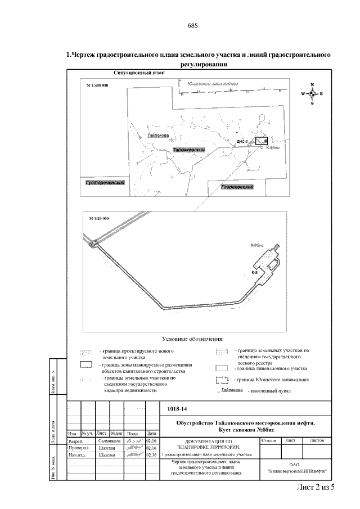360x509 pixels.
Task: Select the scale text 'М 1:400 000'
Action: pyautogui.click(x=97, y=84)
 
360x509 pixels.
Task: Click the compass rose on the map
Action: pyautogui.click(x=312, y=94)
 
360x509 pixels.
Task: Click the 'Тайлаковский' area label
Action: pyautogui.click(x=188, y=150)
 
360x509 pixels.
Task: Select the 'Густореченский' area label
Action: pyautogui.click(x=104, y=183)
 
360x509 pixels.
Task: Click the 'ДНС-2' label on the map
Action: pyautogui.click(x=242, y=142)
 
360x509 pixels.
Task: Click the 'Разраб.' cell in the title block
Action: pyautogui.click(x=75, y=442)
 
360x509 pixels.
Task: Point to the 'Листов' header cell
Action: pyautogui.click(x=320, y=440)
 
